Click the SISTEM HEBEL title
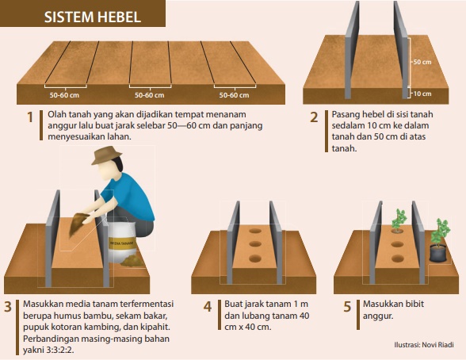click(x=93, y=17)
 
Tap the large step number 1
click(x=30, y=117)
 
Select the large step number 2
click(x=314, y=117)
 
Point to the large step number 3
click(x=8, y=307)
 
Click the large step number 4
click(x=208, y=307)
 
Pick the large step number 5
click(x=347, y=307)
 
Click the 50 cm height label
click(x=422, y=62)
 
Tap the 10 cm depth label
click(x=422, y=94)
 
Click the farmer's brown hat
click(x=107, y=155)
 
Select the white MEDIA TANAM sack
click(x=122, y=241)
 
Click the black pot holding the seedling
click(x=438, y=253)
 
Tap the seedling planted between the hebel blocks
click(x=398, y=220)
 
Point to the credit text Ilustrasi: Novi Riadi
click(x=424, y=345)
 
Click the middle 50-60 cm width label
click(x=150, y=95)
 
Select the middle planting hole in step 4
click(x=255, y=244)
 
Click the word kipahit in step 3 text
click(x=154, y=327)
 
